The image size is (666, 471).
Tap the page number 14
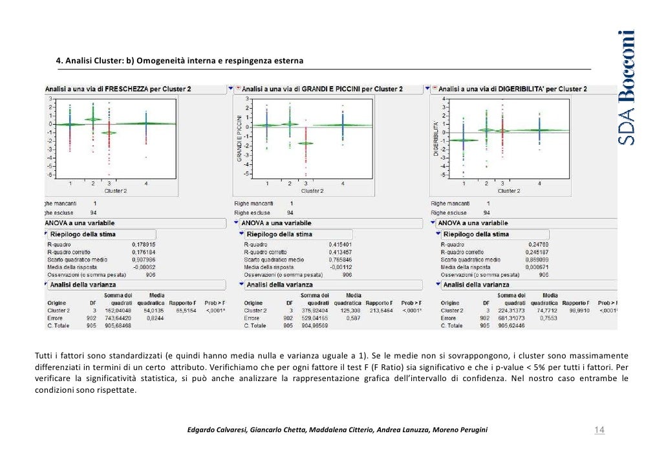tap(599, 430)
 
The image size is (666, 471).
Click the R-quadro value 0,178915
tap(144, 245)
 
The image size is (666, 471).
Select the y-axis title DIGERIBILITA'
tap(436, 138)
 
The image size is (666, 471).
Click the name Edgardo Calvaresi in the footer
tap(215, 430)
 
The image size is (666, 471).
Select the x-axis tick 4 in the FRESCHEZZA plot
tap(146, 184)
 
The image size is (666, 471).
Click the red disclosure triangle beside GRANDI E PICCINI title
tap(238, 89)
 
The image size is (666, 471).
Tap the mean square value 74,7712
tap(544, 311)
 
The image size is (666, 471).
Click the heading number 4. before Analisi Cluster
tap(59, 61)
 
